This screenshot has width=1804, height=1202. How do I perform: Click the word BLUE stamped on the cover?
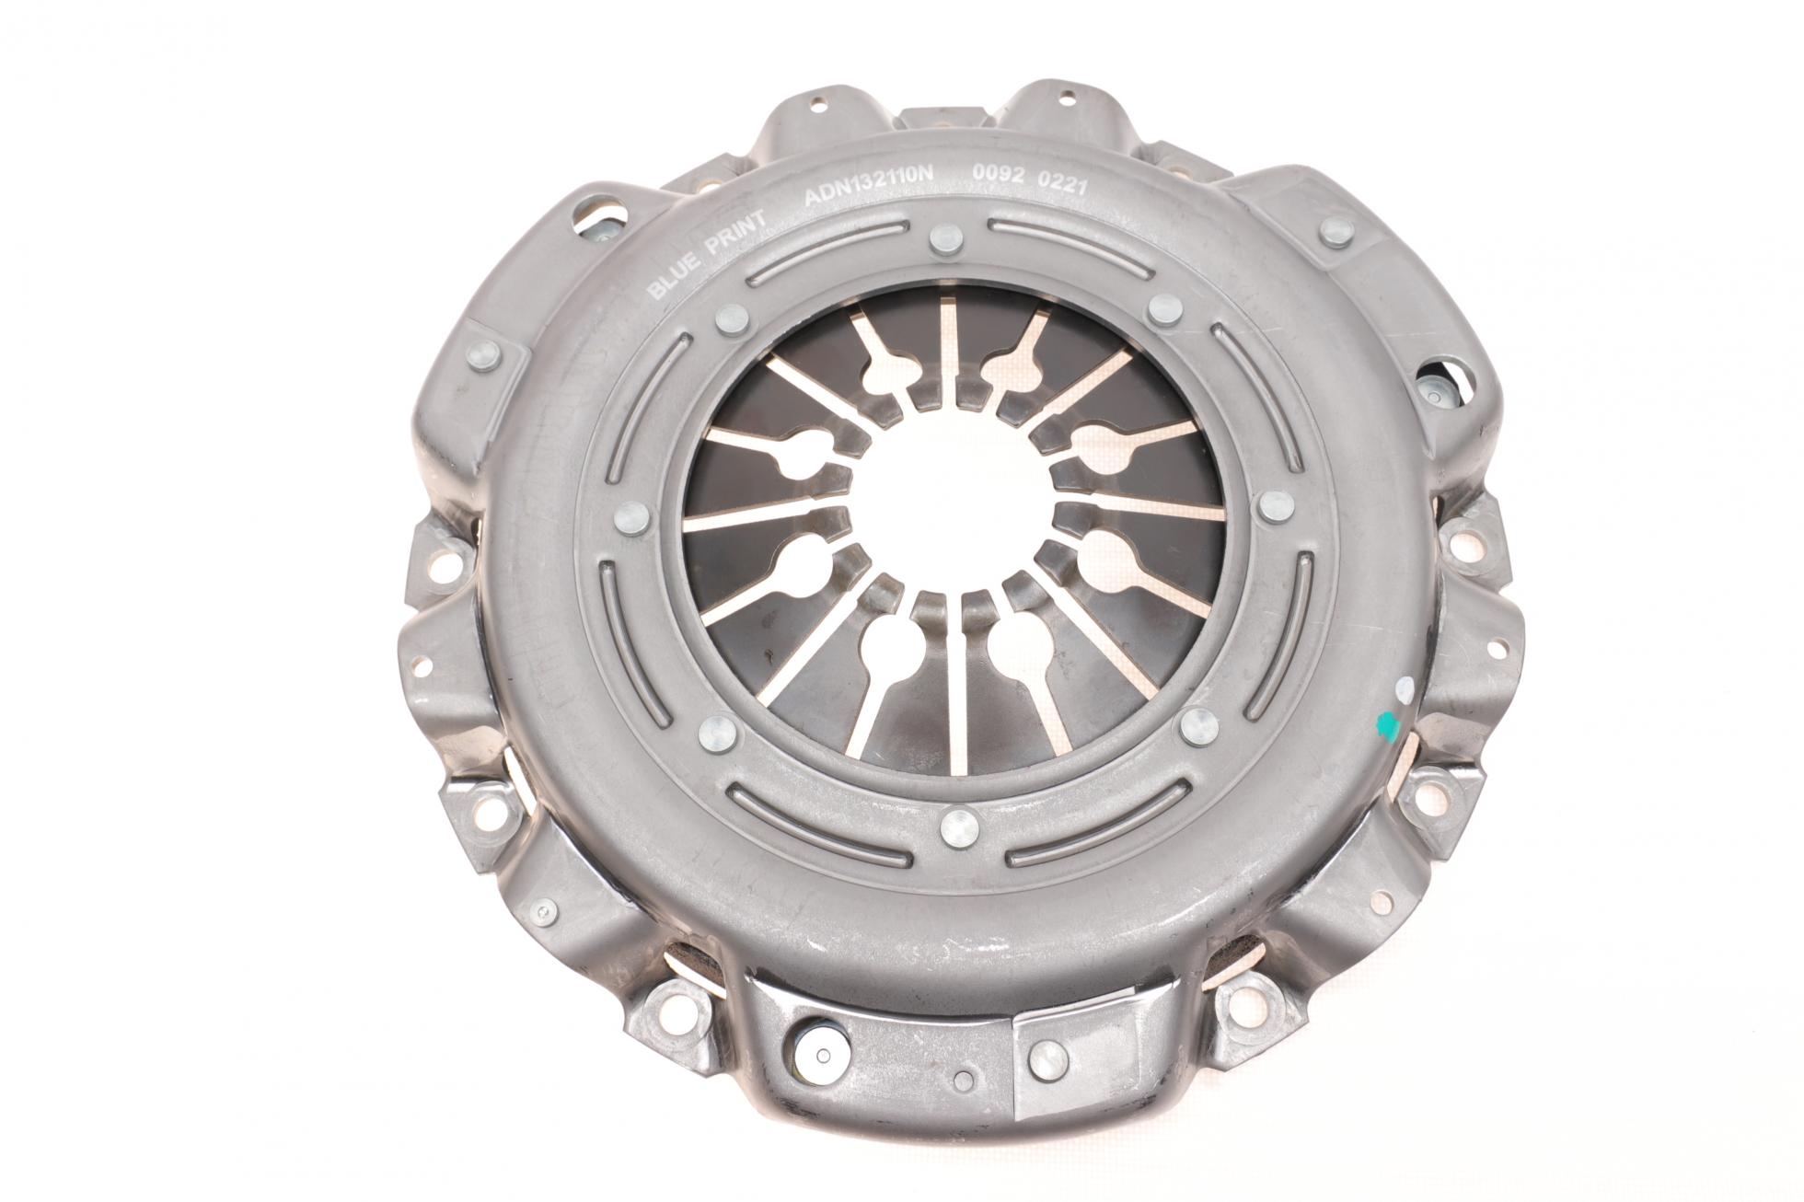click(x=670, y=281)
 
